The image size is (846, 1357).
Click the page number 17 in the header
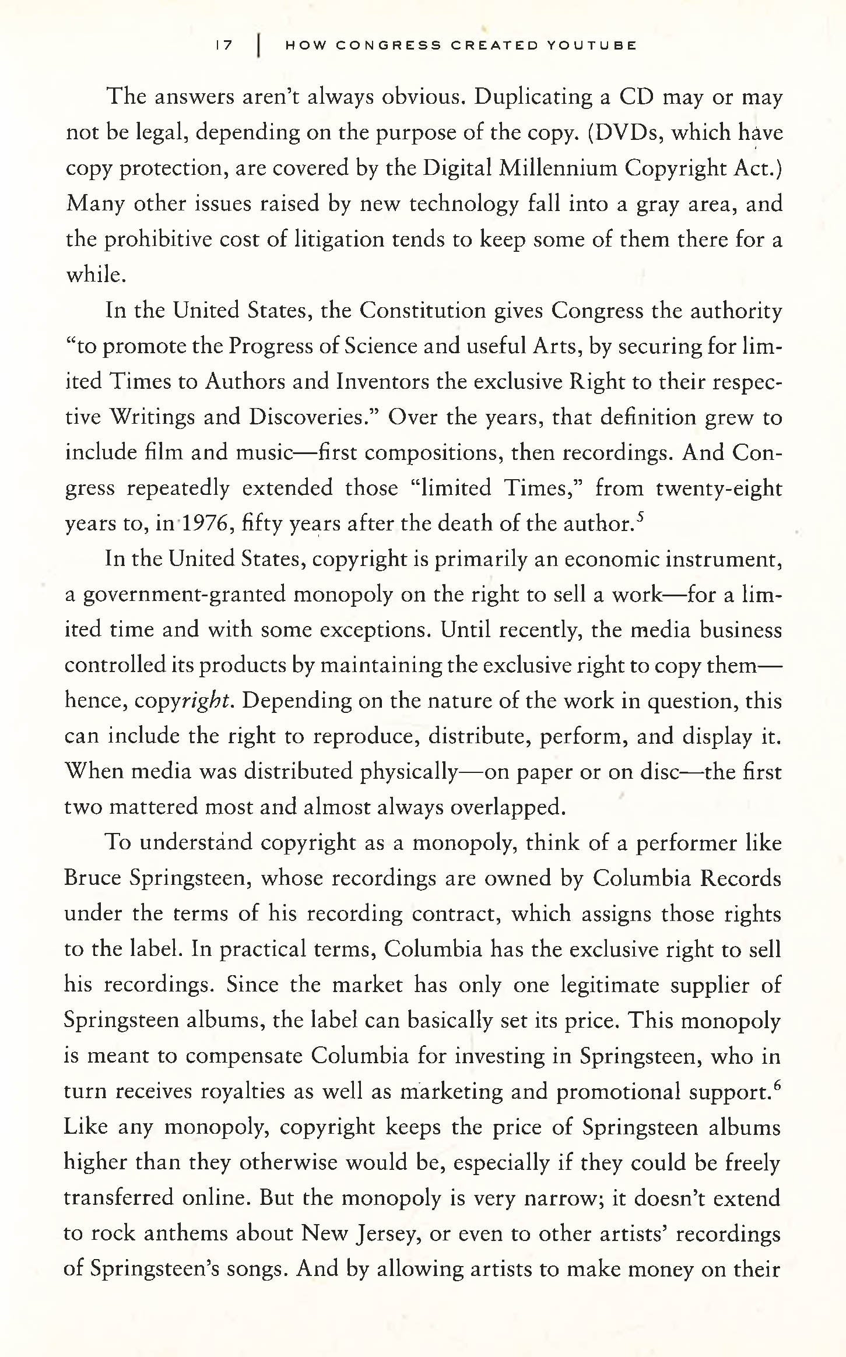(223, 45)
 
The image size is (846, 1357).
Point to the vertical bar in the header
(257, 45)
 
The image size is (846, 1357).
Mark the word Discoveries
(315, 417)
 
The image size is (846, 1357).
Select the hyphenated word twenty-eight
(718, 488)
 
